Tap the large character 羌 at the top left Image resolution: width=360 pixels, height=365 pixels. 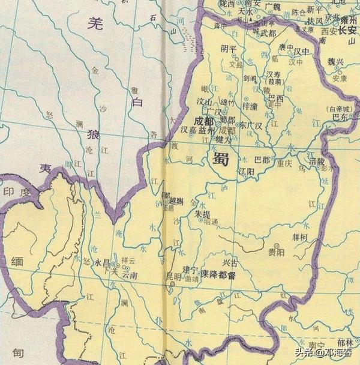click(94, 23)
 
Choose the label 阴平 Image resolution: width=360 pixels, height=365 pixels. click(229, 49)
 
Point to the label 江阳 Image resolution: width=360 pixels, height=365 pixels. click(247, 171)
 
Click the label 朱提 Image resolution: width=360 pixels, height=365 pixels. click(203, 213)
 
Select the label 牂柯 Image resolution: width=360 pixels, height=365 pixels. click(299, 238)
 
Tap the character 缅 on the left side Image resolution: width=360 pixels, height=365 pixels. click(17, 263)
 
